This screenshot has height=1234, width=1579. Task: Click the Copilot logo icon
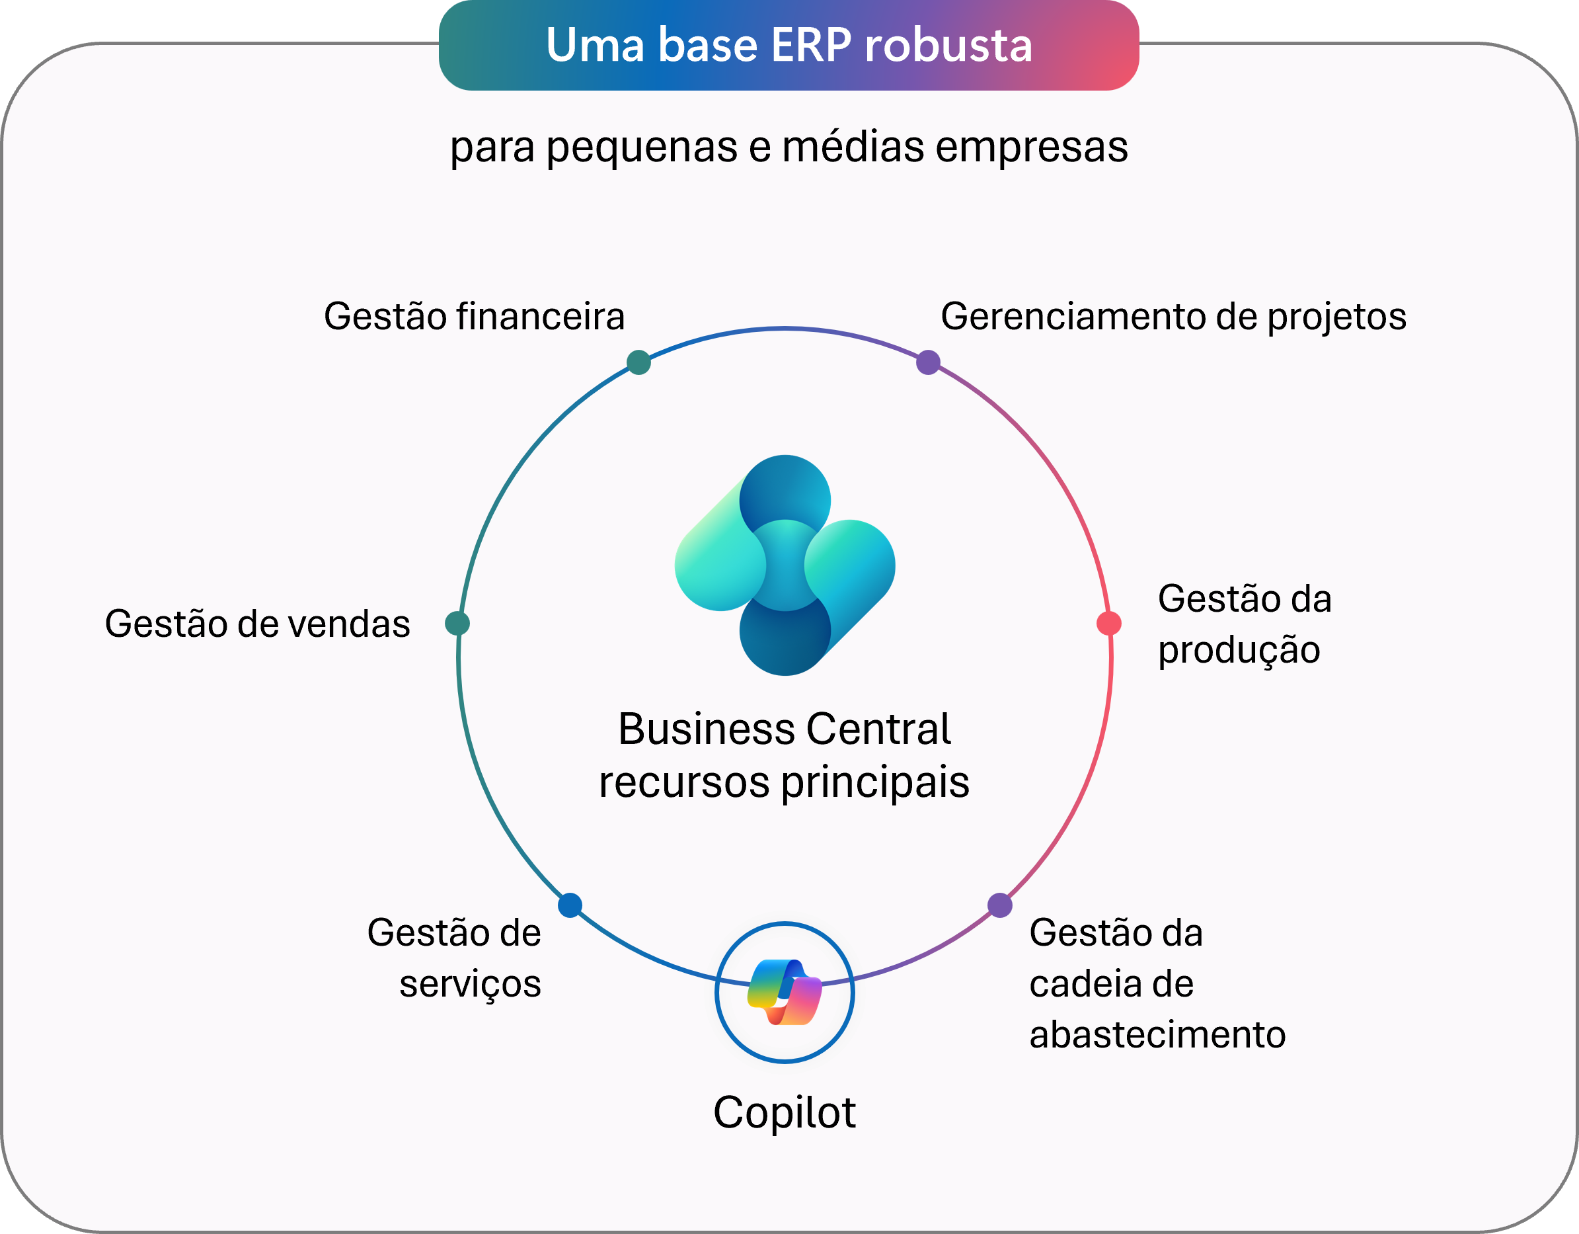coord(785,992)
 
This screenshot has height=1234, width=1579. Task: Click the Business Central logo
coord(785,565)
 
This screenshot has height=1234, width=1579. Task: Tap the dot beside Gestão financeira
coord(638,362)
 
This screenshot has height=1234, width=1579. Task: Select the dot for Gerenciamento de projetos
coord(929,362)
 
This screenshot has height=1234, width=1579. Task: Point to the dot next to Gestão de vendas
coord(457,623)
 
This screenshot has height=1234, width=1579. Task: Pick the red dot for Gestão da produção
coord(1109,623)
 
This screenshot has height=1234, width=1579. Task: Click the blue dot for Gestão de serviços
coord(570,905)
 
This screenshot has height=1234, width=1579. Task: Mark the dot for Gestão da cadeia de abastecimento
coord(1000,905)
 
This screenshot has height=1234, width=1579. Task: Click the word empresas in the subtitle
coord(1032,147)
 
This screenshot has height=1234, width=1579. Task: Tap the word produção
coord(1239,650)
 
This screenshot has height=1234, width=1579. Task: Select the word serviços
coord(470,985)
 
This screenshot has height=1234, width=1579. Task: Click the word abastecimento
coord(1157,1034)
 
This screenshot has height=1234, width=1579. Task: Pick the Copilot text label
coord(785,1112)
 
